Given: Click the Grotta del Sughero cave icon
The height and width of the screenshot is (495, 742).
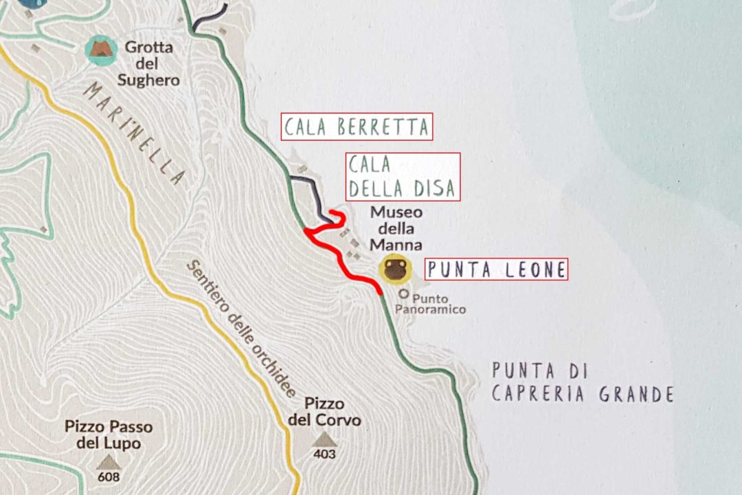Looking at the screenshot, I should (101, 49).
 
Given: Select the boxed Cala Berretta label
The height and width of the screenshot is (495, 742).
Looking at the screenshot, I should (357, 126).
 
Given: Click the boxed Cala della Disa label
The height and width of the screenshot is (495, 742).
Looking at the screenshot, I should (402, 177).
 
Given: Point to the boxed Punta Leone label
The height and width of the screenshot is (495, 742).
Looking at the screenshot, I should (496, 269).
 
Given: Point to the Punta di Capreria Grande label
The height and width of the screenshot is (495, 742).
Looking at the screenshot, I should (581, 383).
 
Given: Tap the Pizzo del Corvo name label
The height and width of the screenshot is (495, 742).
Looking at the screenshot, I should (324, 411).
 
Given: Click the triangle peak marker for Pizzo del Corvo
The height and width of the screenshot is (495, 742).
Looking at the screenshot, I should (324, 439).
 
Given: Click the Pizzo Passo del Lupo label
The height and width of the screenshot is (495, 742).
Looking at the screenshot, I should (109, 434).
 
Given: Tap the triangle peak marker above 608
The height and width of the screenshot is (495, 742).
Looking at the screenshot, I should (108, 461).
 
